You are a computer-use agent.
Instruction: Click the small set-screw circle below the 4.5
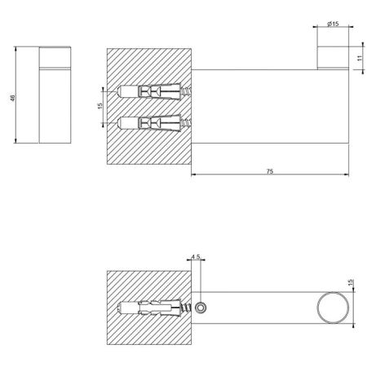[201, 306]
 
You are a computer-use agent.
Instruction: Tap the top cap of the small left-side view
[53, 57]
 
